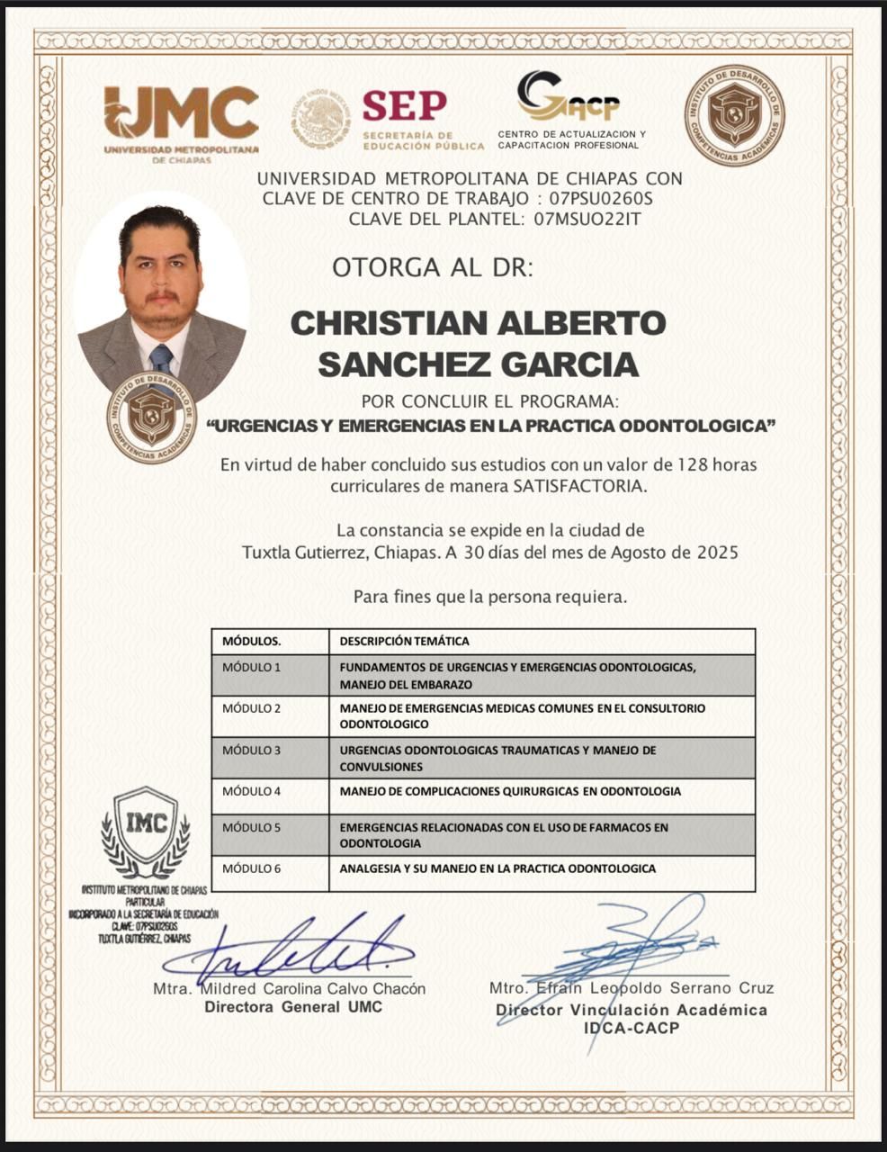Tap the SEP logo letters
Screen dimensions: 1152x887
(x=405, y=106)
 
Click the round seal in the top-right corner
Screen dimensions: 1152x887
(x=734, y=115)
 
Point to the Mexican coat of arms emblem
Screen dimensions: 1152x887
(x=320, y=120)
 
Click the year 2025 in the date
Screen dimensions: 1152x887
(x=718, y=553)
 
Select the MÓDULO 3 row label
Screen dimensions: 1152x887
(x=252, y=750)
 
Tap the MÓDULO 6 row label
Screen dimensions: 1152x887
(x=252, y=868)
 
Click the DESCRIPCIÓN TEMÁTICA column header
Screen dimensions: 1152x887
(x=404, y=642)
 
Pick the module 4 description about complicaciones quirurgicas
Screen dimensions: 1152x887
(x=510, y=791)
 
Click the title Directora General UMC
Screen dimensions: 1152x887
(x=293, y=1007)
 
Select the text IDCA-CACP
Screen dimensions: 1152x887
(x=632, y=1028)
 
